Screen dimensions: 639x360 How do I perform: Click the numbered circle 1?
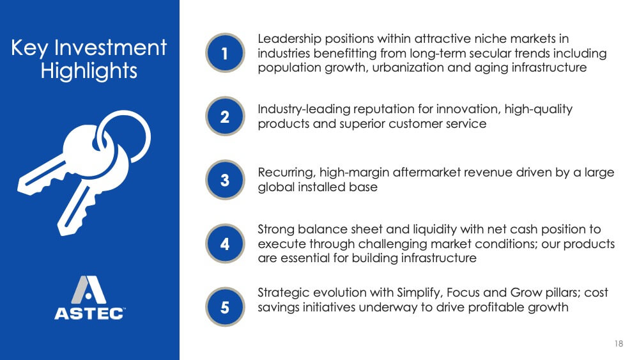click(225, 53)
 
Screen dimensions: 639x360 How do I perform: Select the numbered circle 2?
click(225, 116)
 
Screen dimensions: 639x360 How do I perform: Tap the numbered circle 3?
click(225, 180)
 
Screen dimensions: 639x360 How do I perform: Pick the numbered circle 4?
click(225, 244)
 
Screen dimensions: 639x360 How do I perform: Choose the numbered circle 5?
click(225, 306)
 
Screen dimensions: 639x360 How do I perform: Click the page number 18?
click(619, 343)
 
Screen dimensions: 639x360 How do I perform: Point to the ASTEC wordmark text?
click(89, 313)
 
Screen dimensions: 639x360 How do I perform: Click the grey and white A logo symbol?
click(88, 290)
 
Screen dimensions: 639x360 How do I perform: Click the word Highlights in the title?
click(89, 70)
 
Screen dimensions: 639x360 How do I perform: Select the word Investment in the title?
click(111, 47)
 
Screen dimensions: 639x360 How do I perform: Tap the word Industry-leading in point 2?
click(304, 110)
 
